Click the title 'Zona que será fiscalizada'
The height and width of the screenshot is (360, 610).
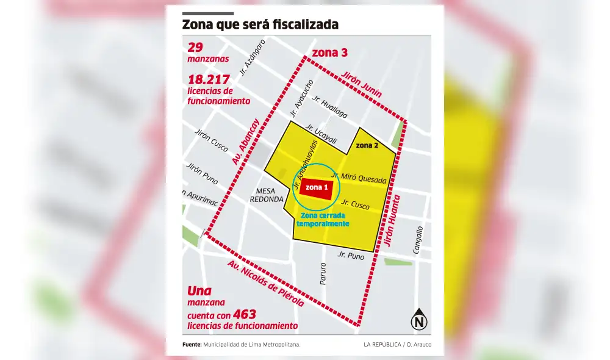[260, 25]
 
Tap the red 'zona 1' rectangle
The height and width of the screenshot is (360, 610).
[316, 188]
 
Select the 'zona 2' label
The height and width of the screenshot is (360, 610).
[367, 145]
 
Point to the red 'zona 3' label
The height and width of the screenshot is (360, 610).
[329, 53]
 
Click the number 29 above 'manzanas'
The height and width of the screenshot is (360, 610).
[195, 48]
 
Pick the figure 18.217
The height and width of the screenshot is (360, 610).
[209, 79]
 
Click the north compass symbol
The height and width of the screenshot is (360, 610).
[419, 321]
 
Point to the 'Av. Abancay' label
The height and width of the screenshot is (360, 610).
[246, 142]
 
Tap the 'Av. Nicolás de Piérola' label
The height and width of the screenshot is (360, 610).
[265, 284]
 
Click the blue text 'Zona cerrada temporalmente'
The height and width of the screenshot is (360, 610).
[323, 220]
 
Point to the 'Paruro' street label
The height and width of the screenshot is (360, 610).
[323, 273]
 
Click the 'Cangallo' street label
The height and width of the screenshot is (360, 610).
[418, 240]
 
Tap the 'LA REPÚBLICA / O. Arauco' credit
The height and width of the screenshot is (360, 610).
[396, 345]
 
